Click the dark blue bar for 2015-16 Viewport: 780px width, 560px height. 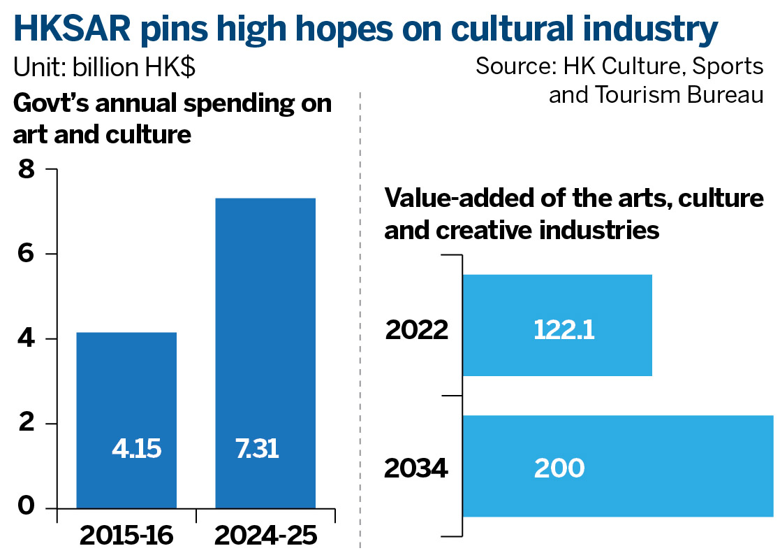[126, 392]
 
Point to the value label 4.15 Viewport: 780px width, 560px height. [136, 448]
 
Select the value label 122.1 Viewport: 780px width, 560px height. [564, 329]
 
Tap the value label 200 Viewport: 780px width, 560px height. [559, 468]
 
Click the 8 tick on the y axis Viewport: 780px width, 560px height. [28, 170]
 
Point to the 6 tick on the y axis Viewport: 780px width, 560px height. [28, 254]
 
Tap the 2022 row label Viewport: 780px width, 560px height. [416, 329]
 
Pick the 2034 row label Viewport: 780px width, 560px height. [416, 468]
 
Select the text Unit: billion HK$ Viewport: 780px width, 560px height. [104, 68]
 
